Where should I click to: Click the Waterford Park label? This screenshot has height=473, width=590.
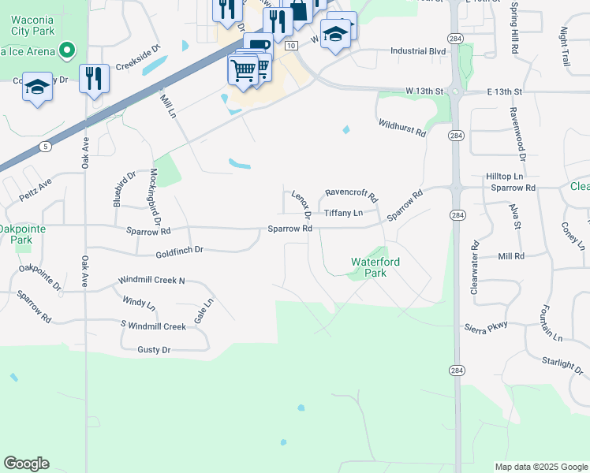pyautogui.click(x=375, y=267)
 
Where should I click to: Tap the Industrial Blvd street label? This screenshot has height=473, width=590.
pyautogui.click(x=418, y=51)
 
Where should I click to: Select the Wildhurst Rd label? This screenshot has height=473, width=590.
pyautogui.click(x=401, y=128)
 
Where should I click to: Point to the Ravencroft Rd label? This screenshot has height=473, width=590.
pyautogui.click(x=352, y=194)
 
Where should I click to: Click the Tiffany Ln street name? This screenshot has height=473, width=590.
pyautogui.click(x=343, y=213)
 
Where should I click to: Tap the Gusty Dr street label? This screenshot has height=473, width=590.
pyautogui.click(x=154, y=349)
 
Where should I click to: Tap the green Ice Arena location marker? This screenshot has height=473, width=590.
pyautogui.click(x=67, y=51)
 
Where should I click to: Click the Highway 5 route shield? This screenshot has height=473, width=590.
pyautogui.click(x=47, y=146)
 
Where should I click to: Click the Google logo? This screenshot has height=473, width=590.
pyautogui.click(x=26, y=464)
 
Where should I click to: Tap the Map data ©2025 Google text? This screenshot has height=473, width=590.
pyautogui.click(x=540, y=467)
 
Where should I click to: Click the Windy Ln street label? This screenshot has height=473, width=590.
pyautogui.click(x=140, y=302)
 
